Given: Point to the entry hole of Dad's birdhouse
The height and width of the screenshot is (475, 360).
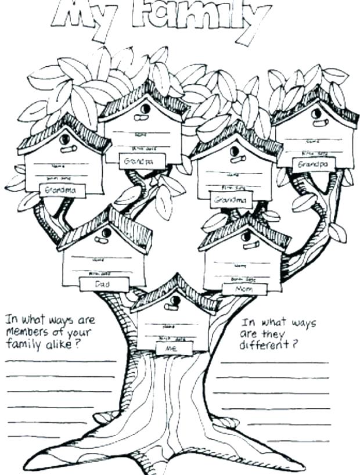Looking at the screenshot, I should coord(105,233).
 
